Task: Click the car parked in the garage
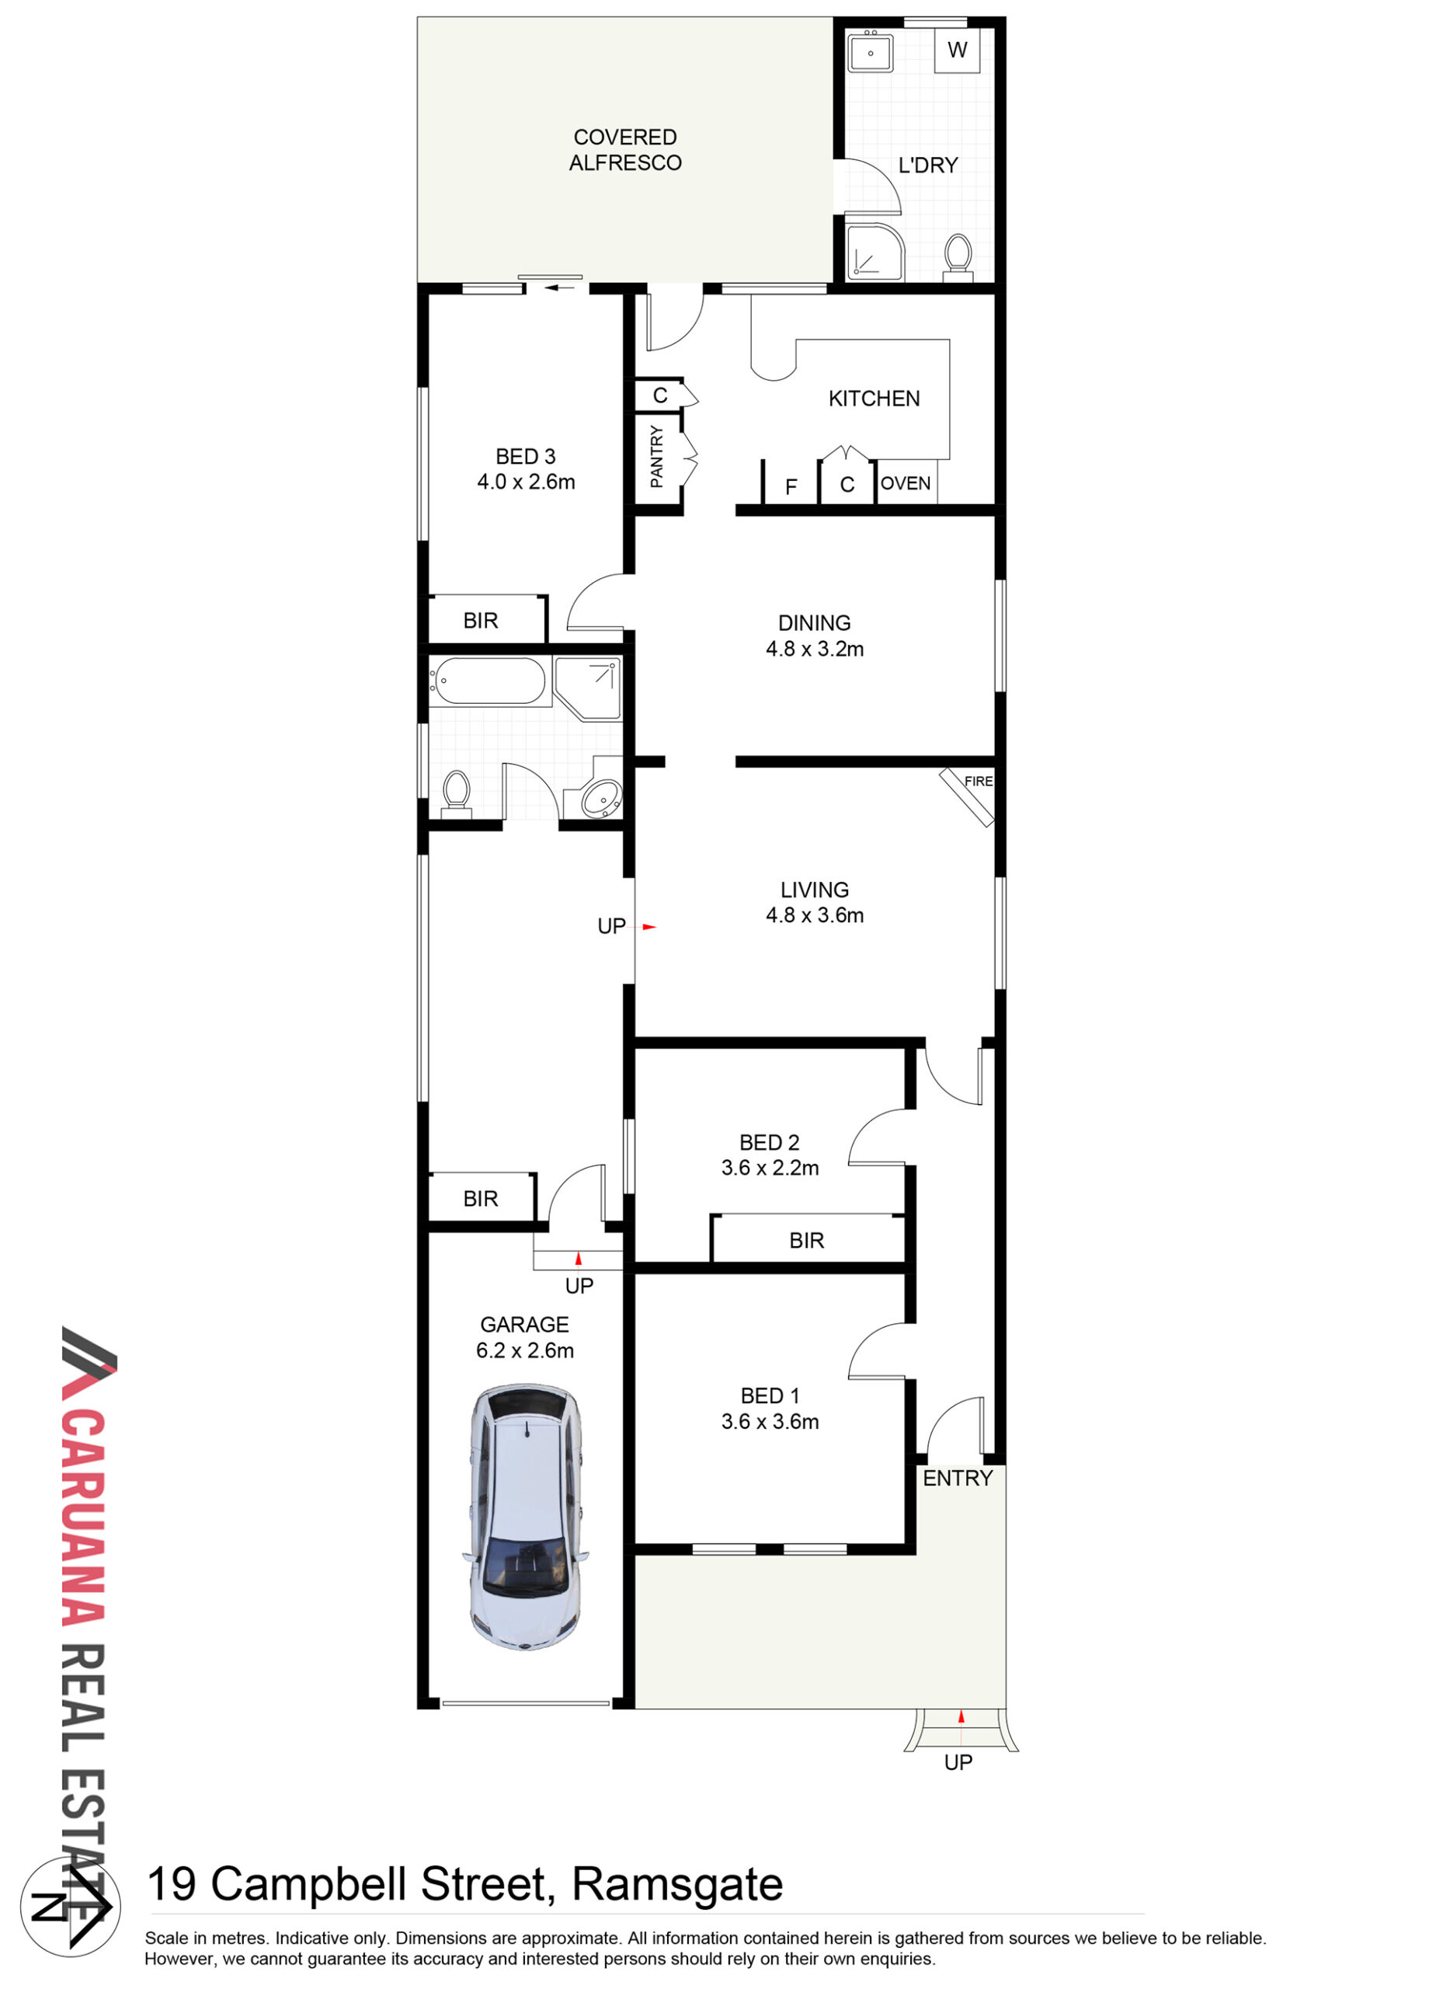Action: pos(524,1517)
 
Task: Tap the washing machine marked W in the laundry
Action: pos(957,51)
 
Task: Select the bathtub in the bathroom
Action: pos(489,681)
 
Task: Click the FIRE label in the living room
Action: pos(979,782)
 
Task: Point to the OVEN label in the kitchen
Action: pos(906,483)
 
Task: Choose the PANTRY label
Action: pos(656,456)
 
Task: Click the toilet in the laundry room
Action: pos(958,258)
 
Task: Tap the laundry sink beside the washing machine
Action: pos(871,53)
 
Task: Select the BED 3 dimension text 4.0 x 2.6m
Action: pos(526,482)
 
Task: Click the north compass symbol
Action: pos(70,1906)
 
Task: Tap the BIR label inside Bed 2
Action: pos(807,1240)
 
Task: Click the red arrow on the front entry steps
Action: pos(961,1716)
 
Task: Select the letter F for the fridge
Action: pos(791,486)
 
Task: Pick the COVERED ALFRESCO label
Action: pos(625,150)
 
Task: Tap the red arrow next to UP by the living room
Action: pos(648,926)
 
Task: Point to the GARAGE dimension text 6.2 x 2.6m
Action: pos(525,1350)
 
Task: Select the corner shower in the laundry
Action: pos(874,252)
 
